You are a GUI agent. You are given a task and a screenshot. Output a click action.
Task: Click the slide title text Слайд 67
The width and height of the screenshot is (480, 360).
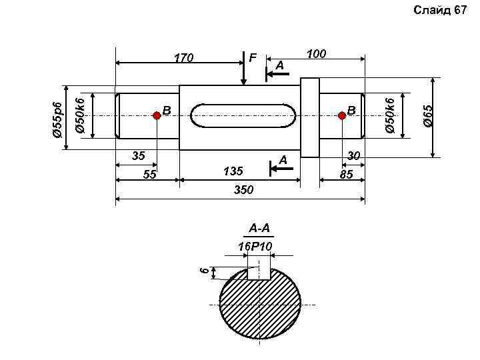[x=440, y=9]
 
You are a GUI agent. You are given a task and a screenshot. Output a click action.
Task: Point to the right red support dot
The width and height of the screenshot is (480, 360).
[x=342, y=115]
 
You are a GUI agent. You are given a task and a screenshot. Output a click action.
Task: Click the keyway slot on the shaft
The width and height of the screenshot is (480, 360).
[x=243, y=115]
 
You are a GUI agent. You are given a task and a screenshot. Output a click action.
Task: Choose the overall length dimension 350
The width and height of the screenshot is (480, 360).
[x=243, y=190]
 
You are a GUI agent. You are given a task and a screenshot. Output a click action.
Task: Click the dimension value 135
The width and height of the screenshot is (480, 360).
[x=233, y=171]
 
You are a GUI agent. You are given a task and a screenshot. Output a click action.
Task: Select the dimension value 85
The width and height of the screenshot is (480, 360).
[x=345, y=175]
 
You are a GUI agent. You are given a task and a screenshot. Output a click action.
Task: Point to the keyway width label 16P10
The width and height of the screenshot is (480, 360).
[x=255, y=247]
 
